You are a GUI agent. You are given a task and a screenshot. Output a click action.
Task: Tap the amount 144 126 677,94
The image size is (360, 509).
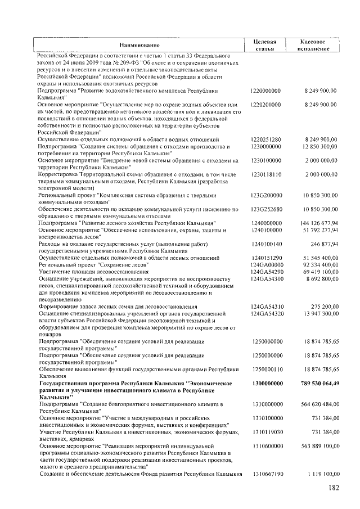pos(317,223)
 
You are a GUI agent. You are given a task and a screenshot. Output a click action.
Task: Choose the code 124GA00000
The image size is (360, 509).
pos(267,264)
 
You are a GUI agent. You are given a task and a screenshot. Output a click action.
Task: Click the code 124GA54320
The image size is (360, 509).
pos(267,313)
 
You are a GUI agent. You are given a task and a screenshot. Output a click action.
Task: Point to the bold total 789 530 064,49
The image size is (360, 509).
pos(316,383)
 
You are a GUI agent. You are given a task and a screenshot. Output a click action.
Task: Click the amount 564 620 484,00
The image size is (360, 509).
pos(317,404)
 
